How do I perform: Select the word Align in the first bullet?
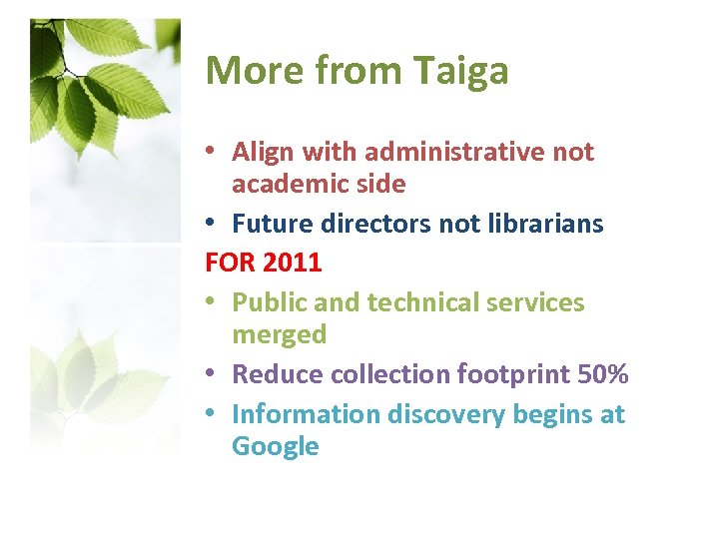pyautogui.click(x=262, y=153)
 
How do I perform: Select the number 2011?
pyautogui.click(x=293, y=264)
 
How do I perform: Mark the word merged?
pyautogui.click(x=279, y=334)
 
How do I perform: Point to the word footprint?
pyautogui.click(x=513, y=374)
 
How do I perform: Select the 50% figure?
pyautogui.click(x=603, y=374)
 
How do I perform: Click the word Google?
pyautogui.click(x=275, y=446)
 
